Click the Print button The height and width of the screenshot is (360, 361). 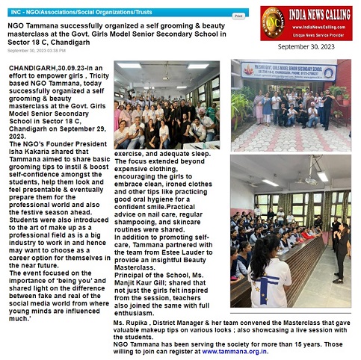coord(238,15)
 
